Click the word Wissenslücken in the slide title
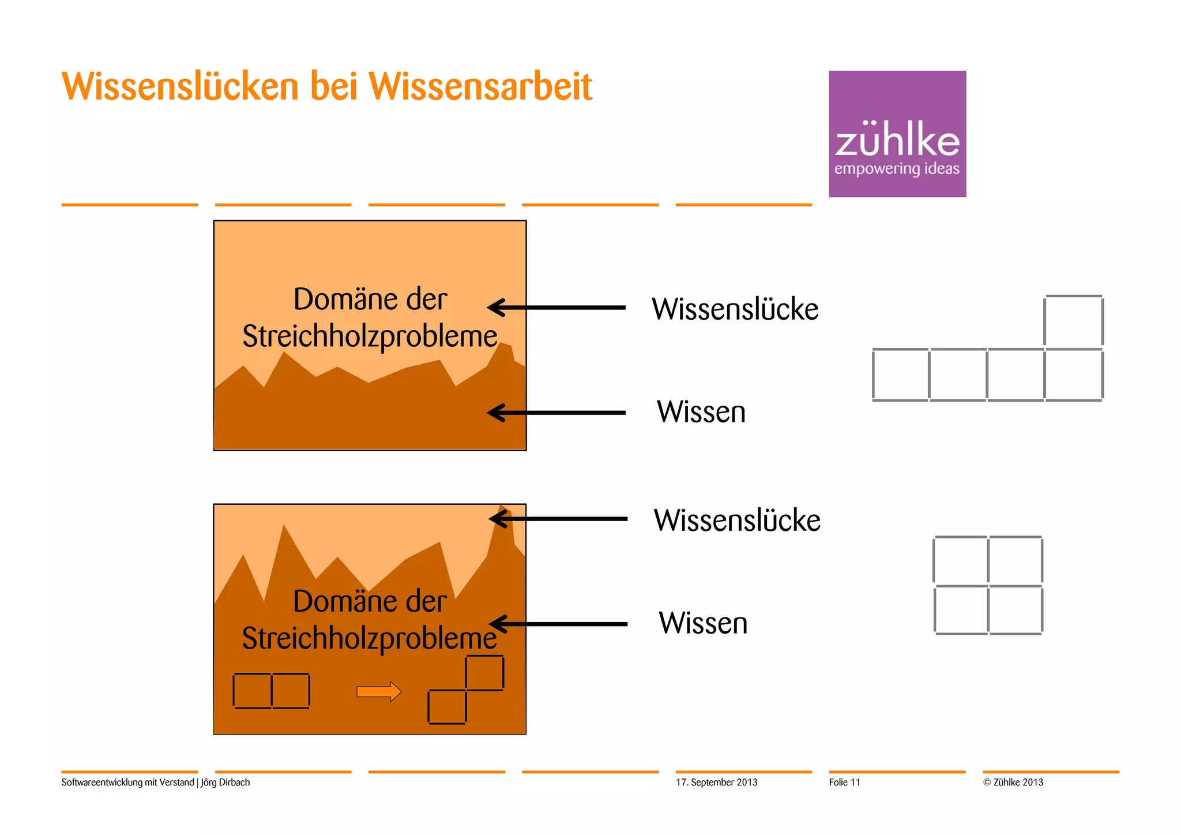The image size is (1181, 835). tap(180, 87)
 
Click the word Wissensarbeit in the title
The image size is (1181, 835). tap(480, 87)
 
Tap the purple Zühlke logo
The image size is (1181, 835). tap(897, 134)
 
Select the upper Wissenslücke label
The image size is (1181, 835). tap(735, 309)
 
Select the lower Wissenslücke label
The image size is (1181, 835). tap(736, 520)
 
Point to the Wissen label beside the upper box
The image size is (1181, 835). tap(701, 412)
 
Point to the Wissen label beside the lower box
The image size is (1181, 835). tap(702, 623)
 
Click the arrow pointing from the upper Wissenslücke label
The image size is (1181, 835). tap(556, 308)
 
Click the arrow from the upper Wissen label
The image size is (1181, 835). tap(556, 413)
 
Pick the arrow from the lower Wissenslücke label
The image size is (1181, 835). tap(558, 519)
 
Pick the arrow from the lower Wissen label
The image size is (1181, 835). tap(558, 624)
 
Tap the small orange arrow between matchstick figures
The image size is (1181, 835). tap(379, 691)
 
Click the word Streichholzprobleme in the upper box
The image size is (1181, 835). tap(370, 336)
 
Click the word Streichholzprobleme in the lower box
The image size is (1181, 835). tap(369, 638)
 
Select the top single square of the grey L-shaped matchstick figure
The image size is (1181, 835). tap(1073, 321)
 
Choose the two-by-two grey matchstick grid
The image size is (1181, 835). tap(988, 585)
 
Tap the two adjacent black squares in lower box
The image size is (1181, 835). tap(271, 691)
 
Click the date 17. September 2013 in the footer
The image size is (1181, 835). tap(716, 782)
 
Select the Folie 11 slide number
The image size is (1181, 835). tap(844, 782)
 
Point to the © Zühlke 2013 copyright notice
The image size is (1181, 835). tap(1013, 782)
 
